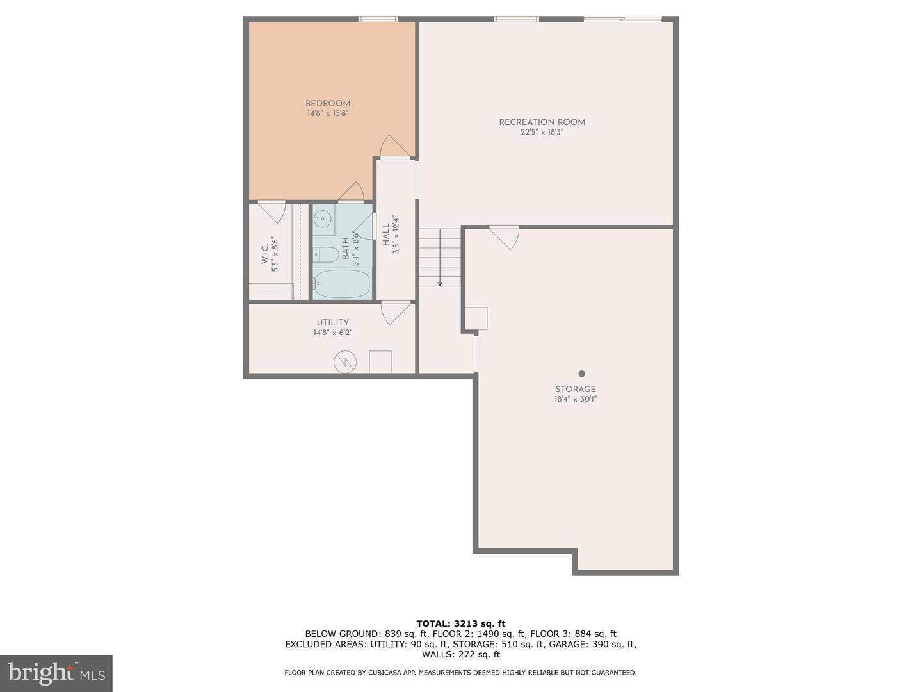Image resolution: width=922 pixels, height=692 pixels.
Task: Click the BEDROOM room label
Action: click(x=327, y=104)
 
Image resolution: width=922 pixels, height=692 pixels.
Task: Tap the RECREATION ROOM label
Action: click(x=542, y=122)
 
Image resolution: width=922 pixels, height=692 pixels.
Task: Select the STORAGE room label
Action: click(x=575, y=389)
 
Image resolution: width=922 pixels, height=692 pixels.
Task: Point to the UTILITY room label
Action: click(x=332, y=323)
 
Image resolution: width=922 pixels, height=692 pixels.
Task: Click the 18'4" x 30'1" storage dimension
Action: click(x=575, y=399)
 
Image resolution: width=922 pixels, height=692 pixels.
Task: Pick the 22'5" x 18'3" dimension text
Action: click(x=542, y=133)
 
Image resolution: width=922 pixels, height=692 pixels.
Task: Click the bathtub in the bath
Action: click(x=342, y=284)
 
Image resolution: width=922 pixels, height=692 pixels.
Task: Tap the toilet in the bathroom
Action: click(x=327, y=255)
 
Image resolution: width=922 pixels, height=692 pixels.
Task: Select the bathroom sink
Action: click(x=323, y=218)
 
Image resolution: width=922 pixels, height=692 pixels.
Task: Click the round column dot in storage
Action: click(x=581, y=374)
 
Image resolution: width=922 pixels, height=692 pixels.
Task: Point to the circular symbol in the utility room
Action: click(x=344, y=362)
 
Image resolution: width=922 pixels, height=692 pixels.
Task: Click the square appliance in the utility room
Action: click(x=380, y=361)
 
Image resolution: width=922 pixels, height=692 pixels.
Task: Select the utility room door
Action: click(x=395, y=313)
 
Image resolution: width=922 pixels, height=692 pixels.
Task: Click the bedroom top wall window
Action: click(x=378, y=19)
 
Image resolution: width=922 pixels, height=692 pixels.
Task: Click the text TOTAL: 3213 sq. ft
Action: click(x=460, y=623)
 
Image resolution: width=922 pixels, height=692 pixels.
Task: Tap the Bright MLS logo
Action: click(x=56, y=673)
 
